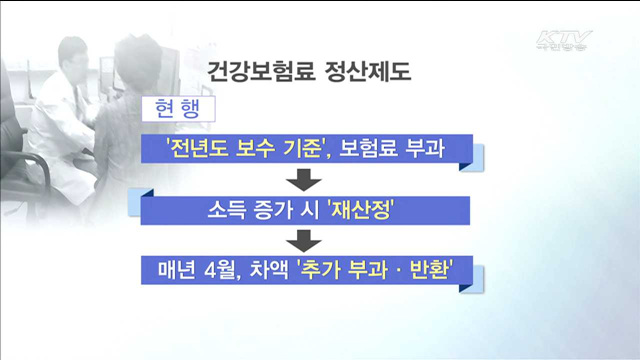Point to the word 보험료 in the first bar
(373, 147)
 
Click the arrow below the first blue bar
(303, 180)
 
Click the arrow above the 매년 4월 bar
(303, 241)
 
